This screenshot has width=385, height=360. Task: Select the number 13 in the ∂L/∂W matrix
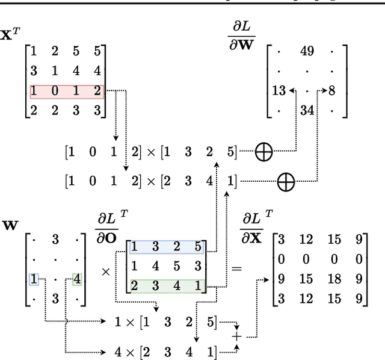pos(279,92)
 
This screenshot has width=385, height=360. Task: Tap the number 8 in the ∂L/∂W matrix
pos(333,92)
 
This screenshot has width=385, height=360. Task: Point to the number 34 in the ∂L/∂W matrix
pos(307,111)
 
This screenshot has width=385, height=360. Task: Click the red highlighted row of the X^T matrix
pos(67,92)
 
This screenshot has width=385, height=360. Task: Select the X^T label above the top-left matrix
pos(8,35)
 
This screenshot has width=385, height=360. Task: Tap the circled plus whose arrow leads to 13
pos(263,152)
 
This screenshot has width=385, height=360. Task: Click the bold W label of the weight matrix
pos(10,226)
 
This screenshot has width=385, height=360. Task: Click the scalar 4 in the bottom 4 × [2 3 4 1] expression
pos(119,352)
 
